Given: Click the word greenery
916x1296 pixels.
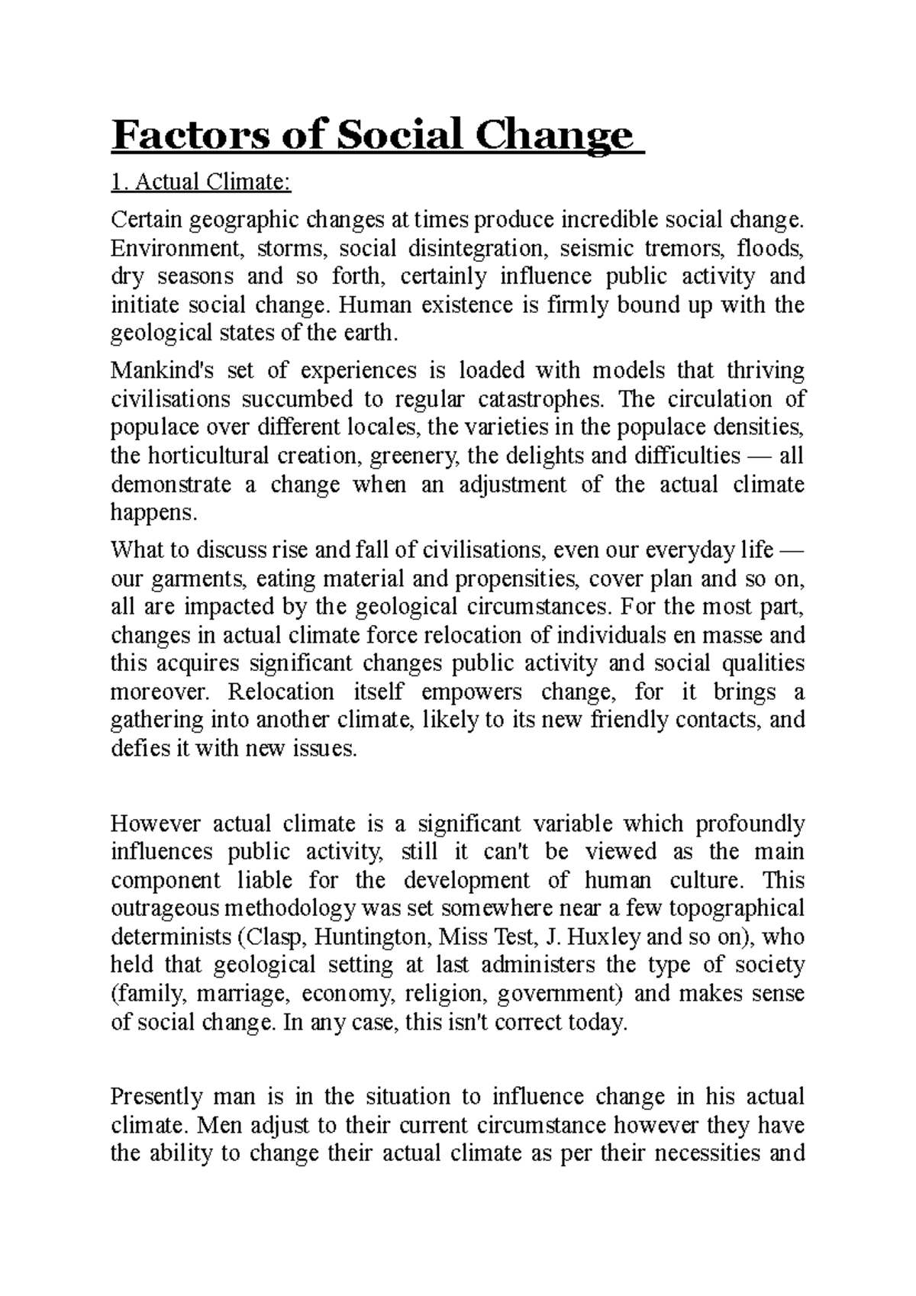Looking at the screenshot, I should [x=414, y=456].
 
